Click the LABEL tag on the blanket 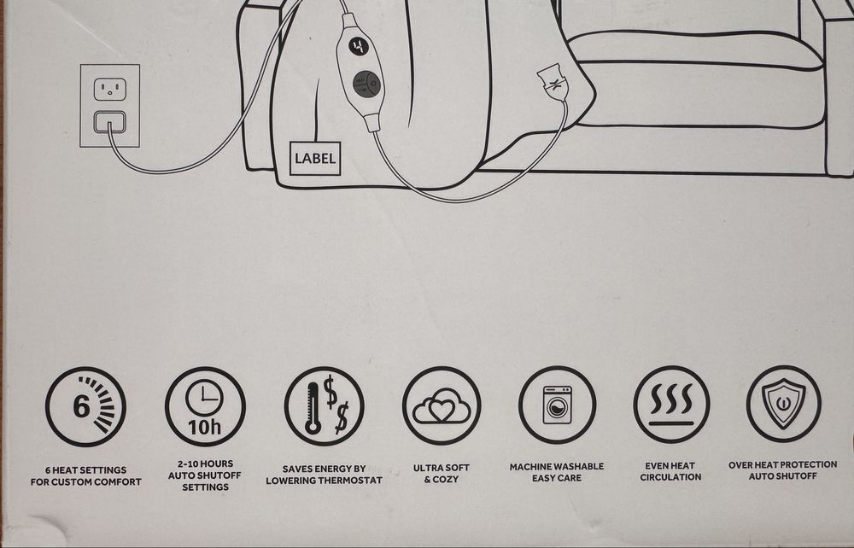pos(315,159)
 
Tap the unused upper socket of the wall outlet pos(110,90)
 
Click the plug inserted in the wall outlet pos(110,122)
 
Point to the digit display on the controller pos(359,47)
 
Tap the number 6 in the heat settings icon pos(81,406)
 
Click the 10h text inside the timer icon pos(205,427)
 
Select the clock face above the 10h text pos(204,397)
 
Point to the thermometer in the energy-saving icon pos(313,408)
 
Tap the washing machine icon pos(557,405)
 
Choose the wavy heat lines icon pos(671,404)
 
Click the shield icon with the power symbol pos(783,403)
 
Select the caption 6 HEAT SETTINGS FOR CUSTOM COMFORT pos(86,475)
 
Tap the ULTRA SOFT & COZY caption pos(442,474)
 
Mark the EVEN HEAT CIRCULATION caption pos(670,471)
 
